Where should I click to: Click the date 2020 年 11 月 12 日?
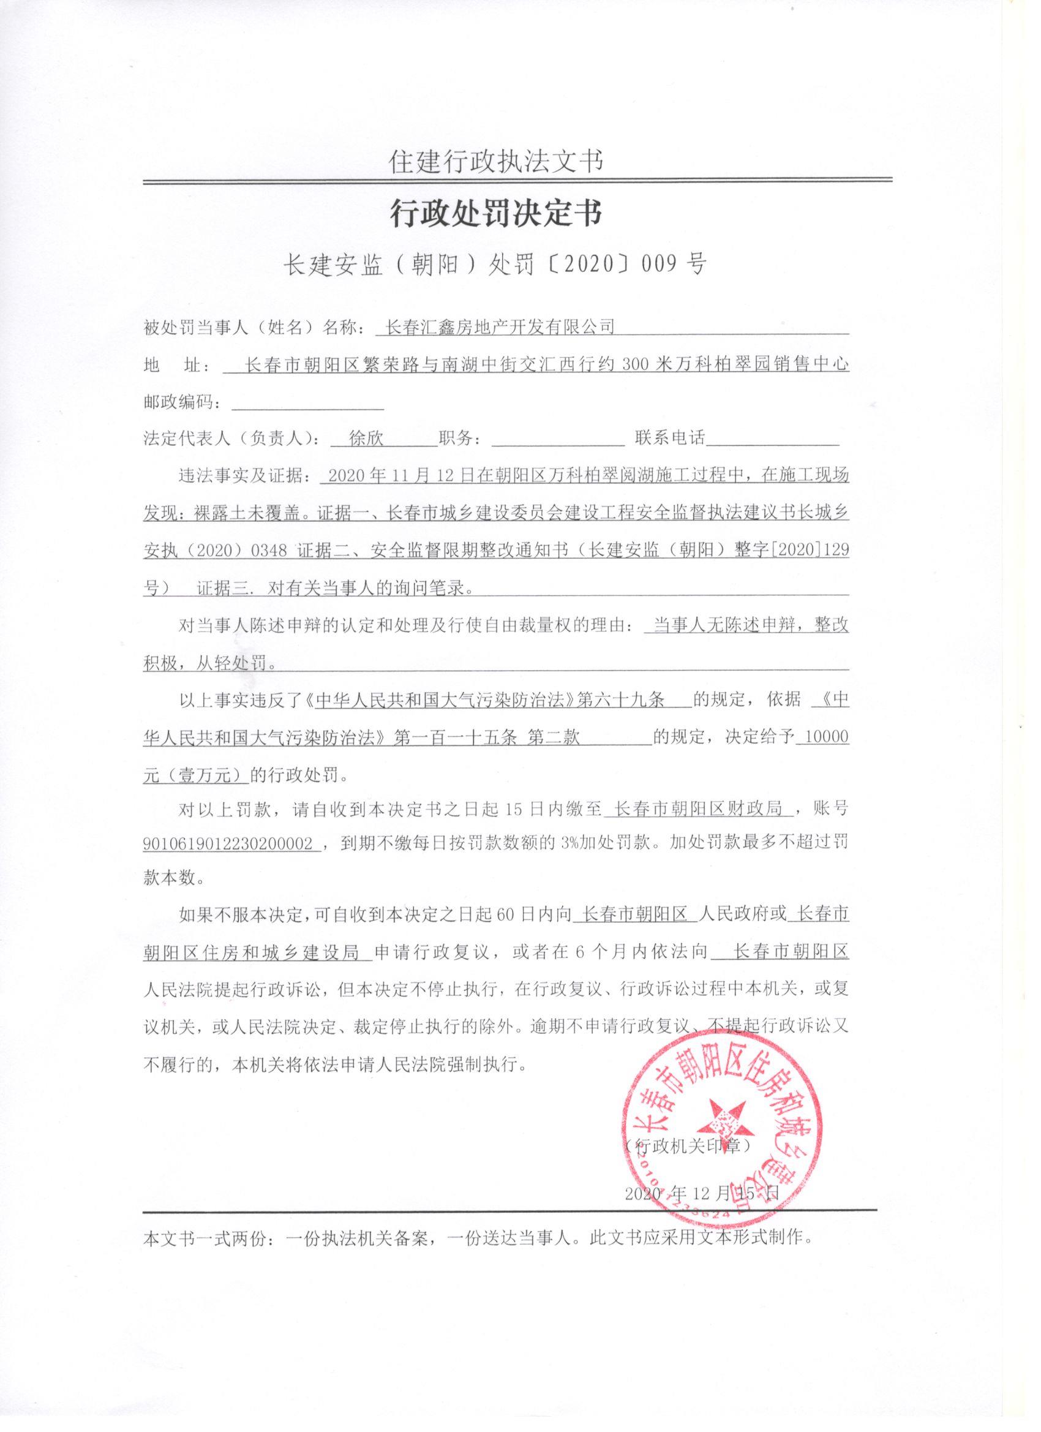(x=397, y=476)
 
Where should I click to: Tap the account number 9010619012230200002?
(x=229, y=844)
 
